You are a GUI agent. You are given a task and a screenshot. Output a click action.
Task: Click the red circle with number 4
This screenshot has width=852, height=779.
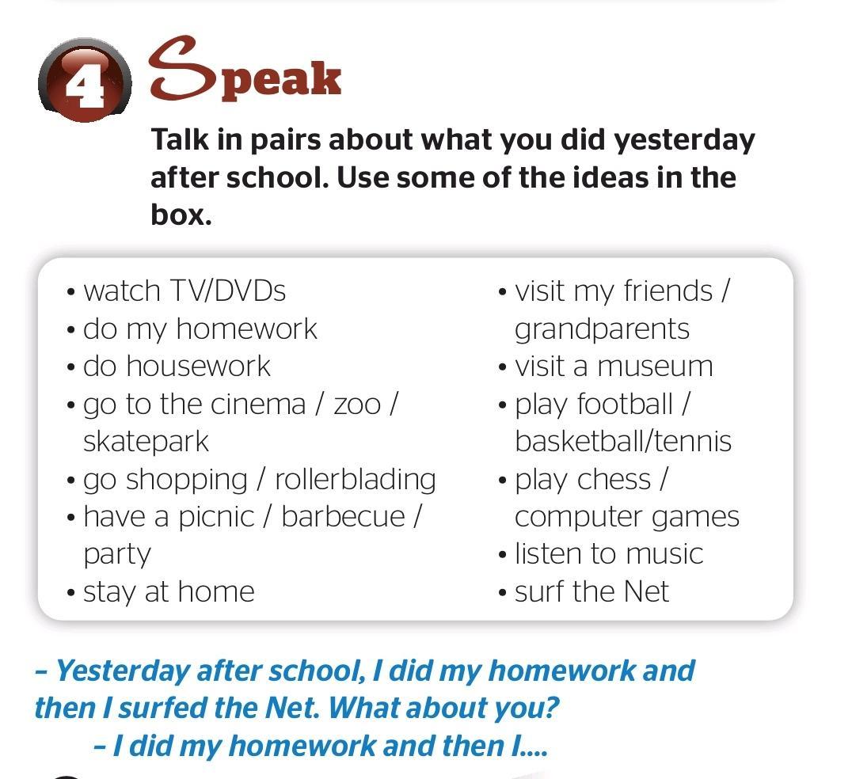click(x=85, y=81)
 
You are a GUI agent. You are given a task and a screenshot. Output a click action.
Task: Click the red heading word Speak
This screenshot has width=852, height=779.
click(x=245, y=69)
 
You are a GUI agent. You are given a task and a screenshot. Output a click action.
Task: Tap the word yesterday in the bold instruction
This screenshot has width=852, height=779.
click(x=684, y=141)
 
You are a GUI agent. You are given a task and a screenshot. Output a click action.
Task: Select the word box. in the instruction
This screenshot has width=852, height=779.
click(x=181, y=215)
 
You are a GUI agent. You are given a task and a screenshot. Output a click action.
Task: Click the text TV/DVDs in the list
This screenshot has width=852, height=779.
click(x=228, y=291)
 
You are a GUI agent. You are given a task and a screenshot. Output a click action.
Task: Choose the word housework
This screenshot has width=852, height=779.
click(x=198, y=366)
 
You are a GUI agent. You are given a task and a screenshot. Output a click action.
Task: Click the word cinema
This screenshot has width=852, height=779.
click(x=258, y=405)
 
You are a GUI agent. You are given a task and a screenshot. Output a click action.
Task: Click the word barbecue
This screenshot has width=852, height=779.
click(x=344, y=516)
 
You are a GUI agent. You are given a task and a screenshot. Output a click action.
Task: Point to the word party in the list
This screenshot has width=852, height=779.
click(x=117, y=555)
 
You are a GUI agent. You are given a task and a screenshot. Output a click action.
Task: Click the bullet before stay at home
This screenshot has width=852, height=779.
click(x=70, y=592)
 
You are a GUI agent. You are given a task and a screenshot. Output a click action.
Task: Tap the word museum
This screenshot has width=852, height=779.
click(x=656, y=367)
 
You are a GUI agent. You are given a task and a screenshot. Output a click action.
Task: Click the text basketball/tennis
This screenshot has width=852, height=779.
click(x=623, y=441)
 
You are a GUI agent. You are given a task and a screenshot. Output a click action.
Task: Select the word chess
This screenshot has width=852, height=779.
click(x=614, y=480)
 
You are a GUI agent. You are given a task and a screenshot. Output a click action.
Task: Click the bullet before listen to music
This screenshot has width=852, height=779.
click(x=502, y=555)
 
